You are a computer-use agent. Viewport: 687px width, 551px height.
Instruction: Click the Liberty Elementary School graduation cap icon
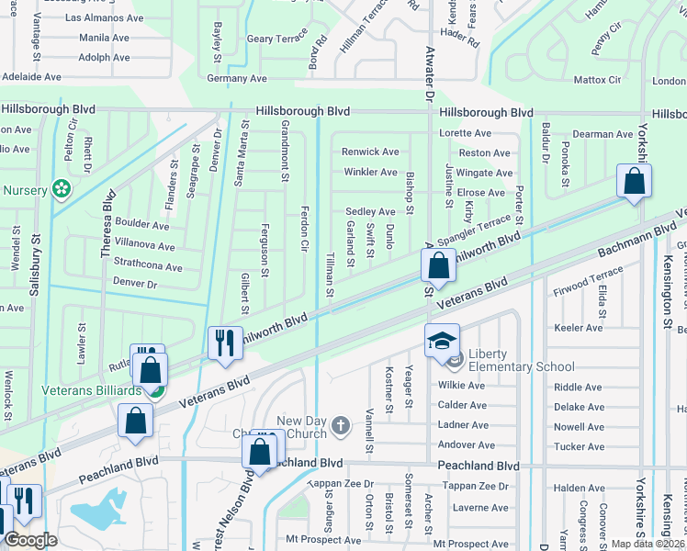tap(442, 340)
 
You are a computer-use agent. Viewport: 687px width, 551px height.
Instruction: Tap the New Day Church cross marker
tap(341, 425)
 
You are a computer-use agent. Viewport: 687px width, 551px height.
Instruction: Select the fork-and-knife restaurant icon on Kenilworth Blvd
tap(225, 343)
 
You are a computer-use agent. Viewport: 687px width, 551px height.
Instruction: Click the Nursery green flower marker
tap(62, 189)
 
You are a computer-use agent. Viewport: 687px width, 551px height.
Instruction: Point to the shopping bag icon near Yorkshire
tap(635, 181)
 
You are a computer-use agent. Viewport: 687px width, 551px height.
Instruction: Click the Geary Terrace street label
tap(277, 39)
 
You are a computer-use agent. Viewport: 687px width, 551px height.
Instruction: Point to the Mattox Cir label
tap(597, 80)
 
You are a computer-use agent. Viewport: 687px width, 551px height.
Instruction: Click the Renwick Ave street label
tap(370, 152)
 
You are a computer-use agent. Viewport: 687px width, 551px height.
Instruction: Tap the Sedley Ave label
tap(370, 212)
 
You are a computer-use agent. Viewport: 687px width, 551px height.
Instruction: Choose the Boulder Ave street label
tap(142, 225)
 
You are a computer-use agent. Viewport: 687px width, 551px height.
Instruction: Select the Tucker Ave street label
tap(580, 447)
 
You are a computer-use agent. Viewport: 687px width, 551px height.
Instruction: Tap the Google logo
tap(29, 540)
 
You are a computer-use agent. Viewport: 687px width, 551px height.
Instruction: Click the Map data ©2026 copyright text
tap(648, 544)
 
